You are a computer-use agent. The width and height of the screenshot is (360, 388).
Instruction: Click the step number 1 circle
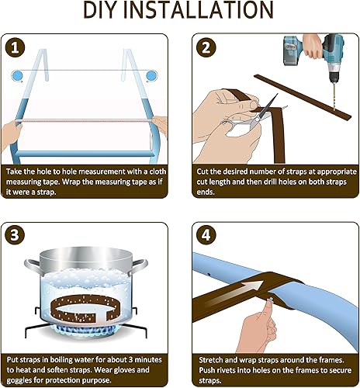tap(16, 48)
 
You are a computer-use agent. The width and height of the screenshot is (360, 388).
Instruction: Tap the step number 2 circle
tap(206, 48)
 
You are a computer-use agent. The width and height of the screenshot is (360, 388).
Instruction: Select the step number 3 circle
tap(16, 236)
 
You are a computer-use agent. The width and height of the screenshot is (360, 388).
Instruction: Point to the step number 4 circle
tap(206, 236)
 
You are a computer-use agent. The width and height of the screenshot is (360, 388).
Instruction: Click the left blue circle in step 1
tap(18, 76)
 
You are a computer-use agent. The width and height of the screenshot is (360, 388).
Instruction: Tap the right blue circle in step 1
tap(151, 76)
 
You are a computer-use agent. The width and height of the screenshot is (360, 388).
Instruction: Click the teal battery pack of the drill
tap(294, 51)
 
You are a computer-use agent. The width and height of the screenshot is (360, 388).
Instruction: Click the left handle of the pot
tap(33, 266)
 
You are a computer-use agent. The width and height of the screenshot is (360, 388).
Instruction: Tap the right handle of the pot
tap(138, 266)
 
